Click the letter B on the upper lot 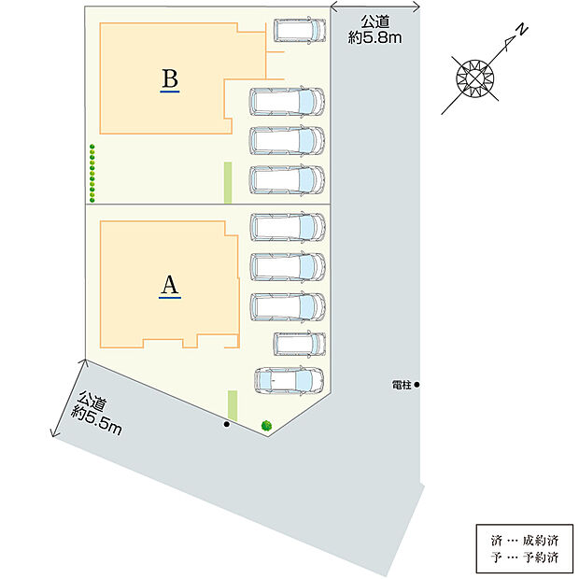(170, 78)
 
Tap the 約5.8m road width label (374, 37)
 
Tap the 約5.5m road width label (96, 421)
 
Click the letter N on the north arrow (522, 30)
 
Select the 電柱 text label (402, 385)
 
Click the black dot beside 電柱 (417, 385)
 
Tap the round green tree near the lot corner (266, 426)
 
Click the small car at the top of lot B (300, 30)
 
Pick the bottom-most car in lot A (289, 380)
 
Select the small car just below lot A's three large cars (300, 344)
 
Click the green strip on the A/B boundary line (228, 182)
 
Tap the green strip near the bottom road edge (233, 405)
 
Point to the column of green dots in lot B (92, 173)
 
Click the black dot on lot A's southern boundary (227, 424)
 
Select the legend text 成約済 (540, 541)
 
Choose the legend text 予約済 (540, 557)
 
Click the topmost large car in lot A (288, 227)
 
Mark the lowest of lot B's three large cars (287, 180)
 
